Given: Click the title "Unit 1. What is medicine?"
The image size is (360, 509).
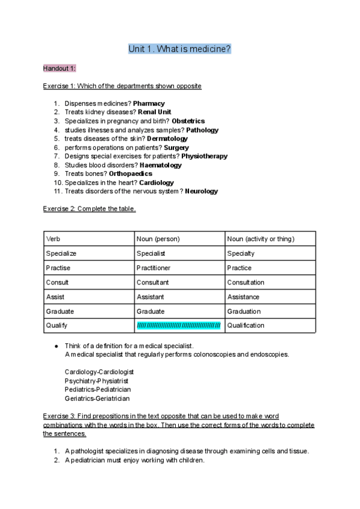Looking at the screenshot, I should click(x=179, y=49).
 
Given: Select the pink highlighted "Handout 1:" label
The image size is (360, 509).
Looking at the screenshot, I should click(x=59, y=68).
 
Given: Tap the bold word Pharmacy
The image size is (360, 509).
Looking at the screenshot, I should click(x=149, y=103).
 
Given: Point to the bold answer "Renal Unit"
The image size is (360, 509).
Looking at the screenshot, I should click(x=155, y=112).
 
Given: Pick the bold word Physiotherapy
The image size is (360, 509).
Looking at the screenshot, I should click(x=204, y=156).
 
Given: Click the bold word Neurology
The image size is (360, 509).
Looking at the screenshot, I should click(x=202, y=191).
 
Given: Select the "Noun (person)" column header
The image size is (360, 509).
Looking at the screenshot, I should click(x=158, y=239).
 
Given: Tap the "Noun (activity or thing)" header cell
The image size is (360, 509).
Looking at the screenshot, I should click(x=260, y=239).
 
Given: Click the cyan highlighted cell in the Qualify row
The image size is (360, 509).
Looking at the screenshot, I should click(x=179, y=325).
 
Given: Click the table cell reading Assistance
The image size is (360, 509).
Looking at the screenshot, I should click(x=243, y=297).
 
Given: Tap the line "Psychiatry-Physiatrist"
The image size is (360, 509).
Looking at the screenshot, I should click(x=96, y=381).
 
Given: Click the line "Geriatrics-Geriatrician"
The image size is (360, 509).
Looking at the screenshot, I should click(x=97, y=398).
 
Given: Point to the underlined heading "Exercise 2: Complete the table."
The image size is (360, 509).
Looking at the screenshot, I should click(x=89, y=209).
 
